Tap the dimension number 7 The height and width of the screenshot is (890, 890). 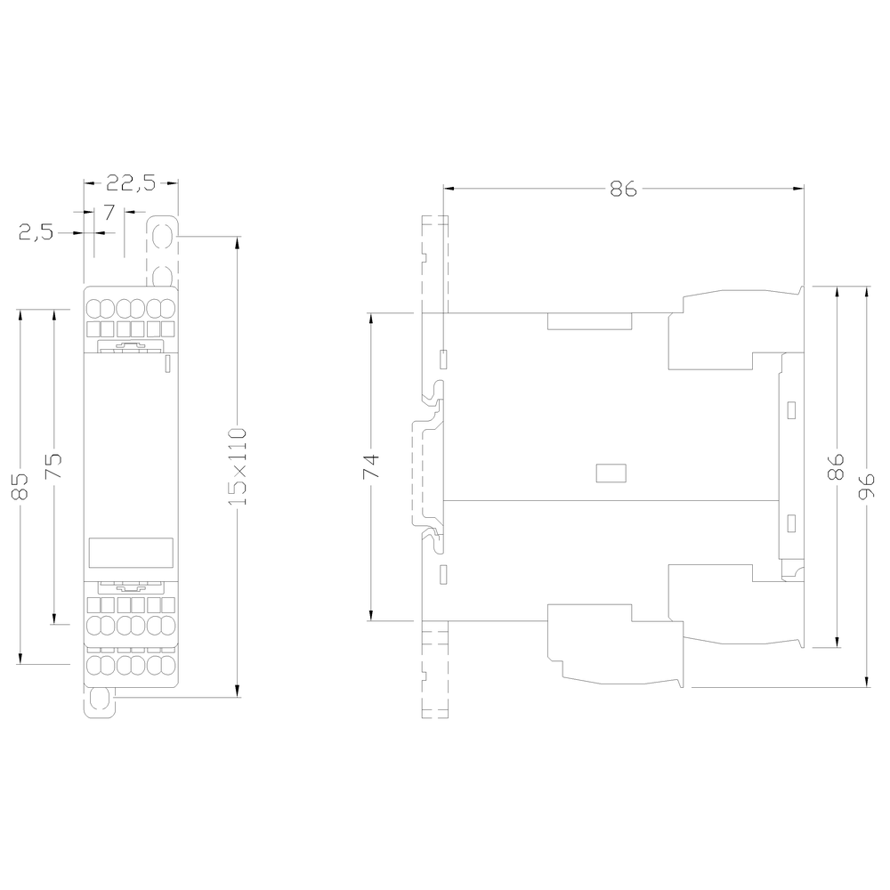pos(109,212)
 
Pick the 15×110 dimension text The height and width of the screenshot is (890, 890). pos(237,467)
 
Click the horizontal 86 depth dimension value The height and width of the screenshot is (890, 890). pos(623,189)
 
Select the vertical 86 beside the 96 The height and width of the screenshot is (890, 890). pos(836,466)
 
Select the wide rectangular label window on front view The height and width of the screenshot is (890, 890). pos(131,553)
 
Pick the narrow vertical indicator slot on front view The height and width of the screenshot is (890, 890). pos(168,362)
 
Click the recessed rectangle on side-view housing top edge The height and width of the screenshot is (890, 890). pos(589,321)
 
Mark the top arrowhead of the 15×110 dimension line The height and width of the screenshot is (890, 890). pos(237,241)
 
